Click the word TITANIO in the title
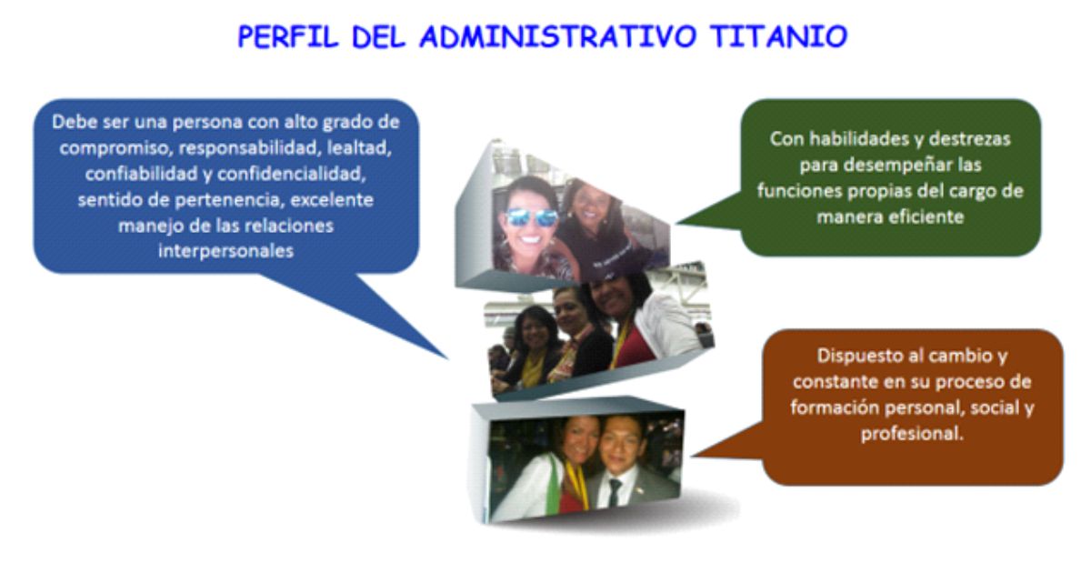click(778, 36)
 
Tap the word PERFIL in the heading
click(288, 36)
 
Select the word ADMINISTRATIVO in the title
click(556, 36)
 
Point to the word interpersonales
click(226, 251)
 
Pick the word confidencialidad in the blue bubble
click(291, 174)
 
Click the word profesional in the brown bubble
click(911, 434)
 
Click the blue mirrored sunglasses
click(532, 217)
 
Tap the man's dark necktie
click(615, 491)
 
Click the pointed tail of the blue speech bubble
click(447, 358)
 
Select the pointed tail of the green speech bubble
click(678, 223)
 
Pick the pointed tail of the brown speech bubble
click(693, 456)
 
